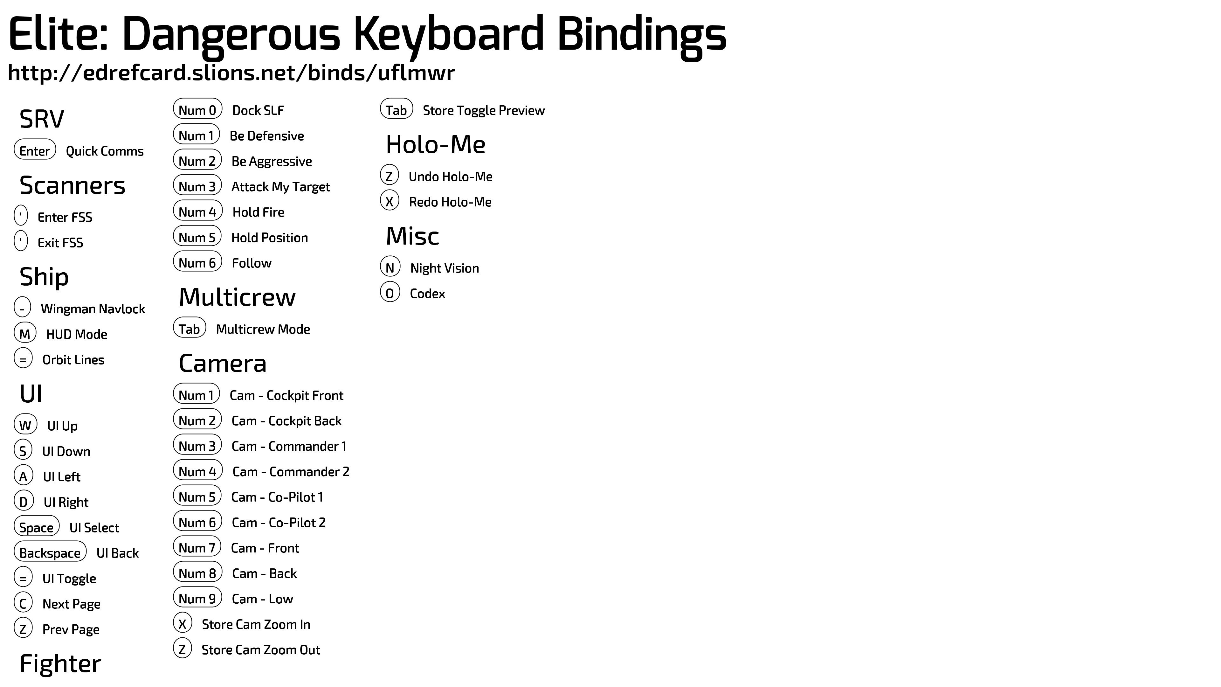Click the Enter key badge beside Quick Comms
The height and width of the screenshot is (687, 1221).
tap(35, 149)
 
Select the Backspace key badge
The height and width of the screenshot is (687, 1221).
tap(50, 552)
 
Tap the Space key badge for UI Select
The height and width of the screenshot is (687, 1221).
tap(37, 526)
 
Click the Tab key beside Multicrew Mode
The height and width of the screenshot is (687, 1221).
tap(190, 327)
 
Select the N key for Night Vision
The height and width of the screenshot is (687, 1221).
tap(390, 267)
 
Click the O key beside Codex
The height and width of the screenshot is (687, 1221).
tap(390, 292)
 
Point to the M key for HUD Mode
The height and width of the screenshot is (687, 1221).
tap(25, 332)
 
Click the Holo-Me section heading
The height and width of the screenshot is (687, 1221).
tap(436, 145)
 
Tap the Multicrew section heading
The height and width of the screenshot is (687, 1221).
tap(237, 297)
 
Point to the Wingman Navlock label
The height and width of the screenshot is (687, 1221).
tap(93, 309)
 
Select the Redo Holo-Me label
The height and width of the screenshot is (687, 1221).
tap(450, 202)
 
